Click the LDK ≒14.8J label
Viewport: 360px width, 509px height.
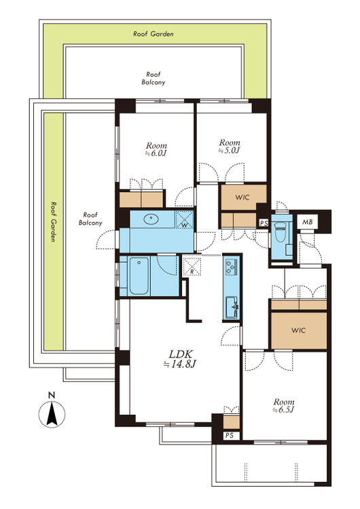pyautogui.click(x=180, y=359)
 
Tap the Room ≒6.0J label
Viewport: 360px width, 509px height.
pyautogui.click(x=157, y=149)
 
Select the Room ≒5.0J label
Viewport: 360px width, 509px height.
pyautogui.click(x=230, y=147)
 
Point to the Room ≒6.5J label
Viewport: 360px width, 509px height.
pyautogui.click(x=284, y=406)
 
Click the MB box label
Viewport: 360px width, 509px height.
pyautogui.click(x=308, y=222)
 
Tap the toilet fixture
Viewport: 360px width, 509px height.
pyautogui.click(x=279, y=232)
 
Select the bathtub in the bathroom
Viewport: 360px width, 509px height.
pyautogui.click(x=139, y=276)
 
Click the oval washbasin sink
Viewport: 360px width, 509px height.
pyautogui.click(x=151, y=219)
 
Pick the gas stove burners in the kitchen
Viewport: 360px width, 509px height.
pyautogui.click(x=232, y=267)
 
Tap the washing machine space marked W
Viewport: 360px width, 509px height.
pyautogui.click(x=184, y=219)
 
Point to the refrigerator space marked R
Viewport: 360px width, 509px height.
pyautogui.click(x=192, y=265)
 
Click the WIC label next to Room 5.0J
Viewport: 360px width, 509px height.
pyautogui.click(x=242, y=197)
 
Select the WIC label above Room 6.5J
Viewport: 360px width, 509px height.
pyautogui.click(x=298, y=331)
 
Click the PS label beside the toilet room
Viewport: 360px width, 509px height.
pyautogui.click(x=264, y=223)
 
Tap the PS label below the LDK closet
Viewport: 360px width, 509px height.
pyautogui.click(x=230, y=435)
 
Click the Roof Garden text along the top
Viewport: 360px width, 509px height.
pyautogui.click(x=154, y=34)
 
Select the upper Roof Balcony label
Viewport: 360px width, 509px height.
pyautogui.click(x=154, y=78)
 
